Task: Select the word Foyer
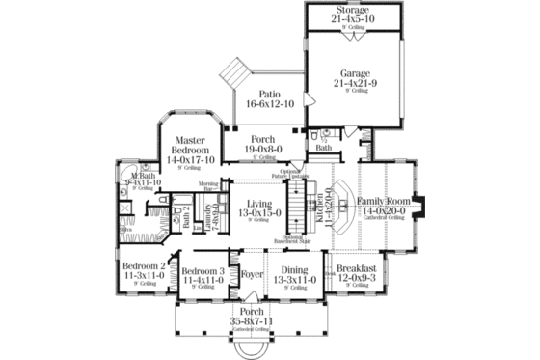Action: point(253,273)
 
